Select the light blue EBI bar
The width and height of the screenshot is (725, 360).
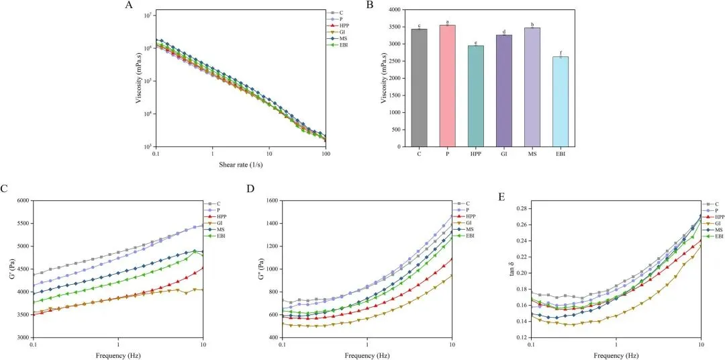click(560, 101)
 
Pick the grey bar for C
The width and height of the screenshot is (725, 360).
click(419, 88)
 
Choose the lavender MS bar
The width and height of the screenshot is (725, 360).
click(532, 87)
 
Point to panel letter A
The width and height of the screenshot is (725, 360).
click(129, 6)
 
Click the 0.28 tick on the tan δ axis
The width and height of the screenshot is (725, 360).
click(518, 209)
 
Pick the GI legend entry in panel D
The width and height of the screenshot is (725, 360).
click(466, 222)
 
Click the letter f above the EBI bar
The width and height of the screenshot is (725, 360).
click(560, 52)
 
